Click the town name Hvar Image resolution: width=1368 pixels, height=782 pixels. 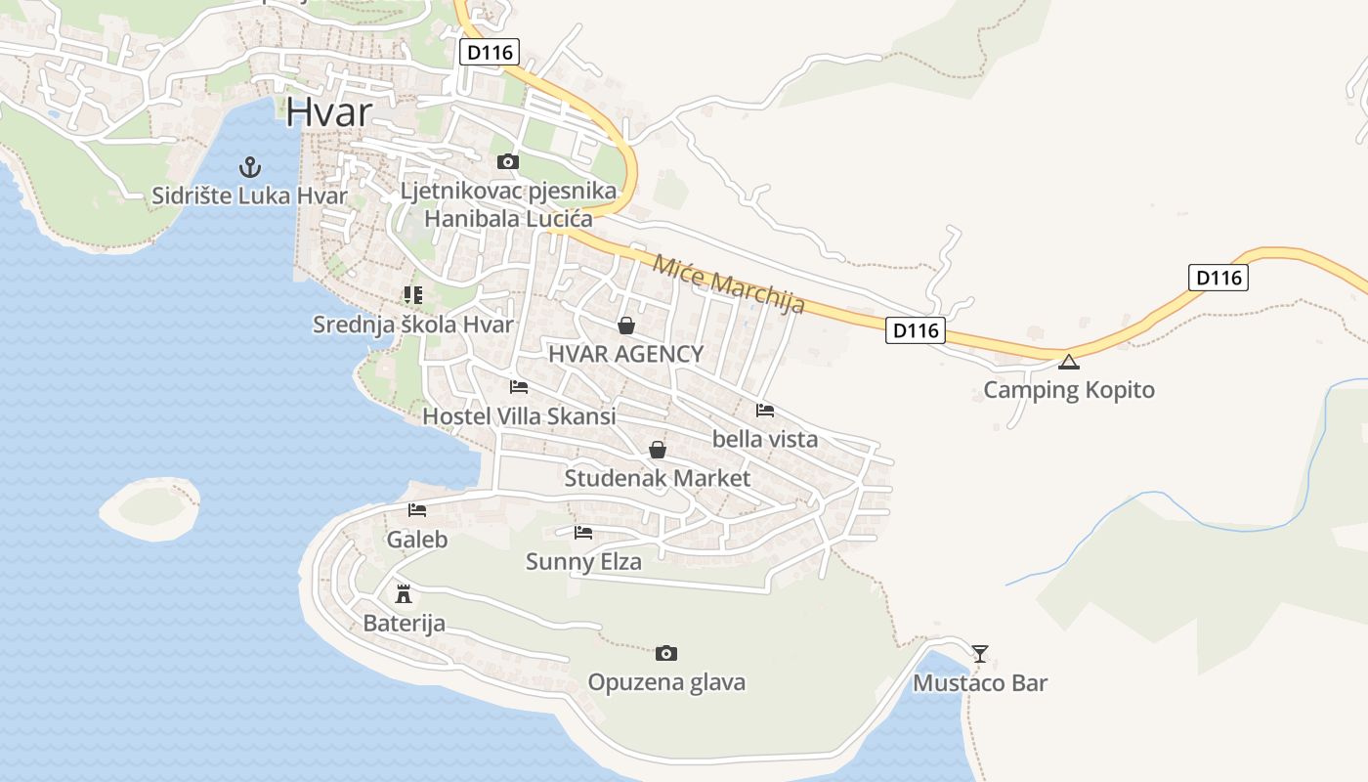tap(329, 112)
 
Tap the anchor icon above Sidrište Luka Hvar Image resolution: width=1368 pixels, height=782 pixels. tap(250, 167)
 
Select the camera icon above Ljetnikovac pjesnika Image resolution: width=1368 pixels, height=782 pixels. tap(507, 161)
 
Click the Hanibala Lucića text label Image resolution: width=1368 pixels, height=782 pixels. tap(508, 219)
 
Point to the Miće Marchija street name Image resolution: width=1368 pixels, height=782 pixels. tap(729, 283)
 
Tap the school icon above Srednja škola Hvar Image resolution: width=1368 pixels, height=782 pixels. tap(412, 294)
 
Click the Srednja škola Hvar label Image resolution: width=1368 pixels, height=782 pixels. tap(412, 325)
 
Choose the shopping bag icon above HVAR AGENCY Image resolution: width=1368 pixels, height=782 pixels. tap(626, 326)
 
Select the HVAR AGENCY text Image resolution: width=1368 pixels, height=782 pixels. tap(625, 354)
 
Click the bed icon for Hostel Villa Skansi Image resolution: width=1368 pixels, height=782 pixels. tap(519, 387)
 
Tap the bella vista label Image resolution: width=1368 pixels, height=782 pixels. tap(765, 439)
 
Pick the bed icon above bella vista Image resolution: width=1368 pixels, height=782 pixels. tap(765, 411)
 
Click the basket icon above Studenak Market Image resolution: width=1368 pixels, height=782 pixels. tap(658, 450)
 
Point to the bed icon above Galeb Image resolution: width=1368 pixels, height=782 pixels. tap(417, 510)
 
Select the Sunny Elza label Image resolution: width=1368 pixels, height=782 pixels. tap(583, 562)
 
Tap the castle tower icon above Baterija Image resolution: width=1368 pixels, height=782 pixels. tap(403, 593)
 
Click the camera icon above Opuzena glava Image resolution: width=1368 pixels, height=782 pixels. tap(666, 653)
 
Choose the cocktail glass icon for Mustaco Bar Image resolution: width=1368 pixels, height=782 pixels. tap(980, 653)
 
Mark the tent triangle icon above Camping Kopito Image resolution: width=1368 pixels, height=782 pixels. tap(1069, 362)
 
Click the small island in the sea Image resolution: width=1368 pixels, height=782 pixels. tap(150, 506)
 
